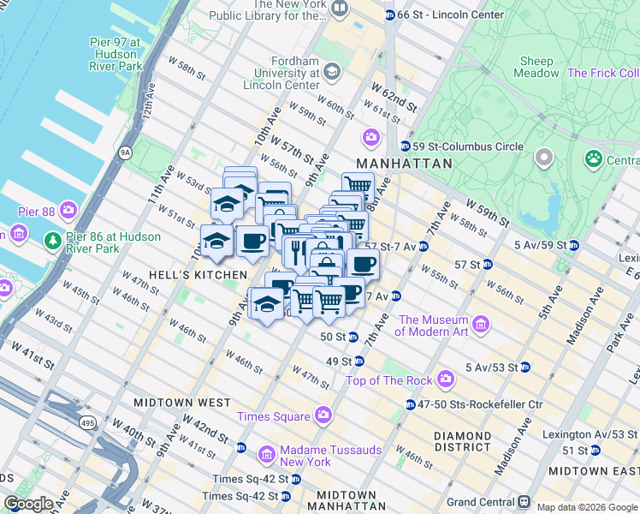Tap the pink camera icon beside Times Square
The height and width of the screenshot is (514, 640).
click(323, 416)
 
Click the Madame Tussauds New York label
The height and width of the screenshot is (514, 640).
click(305, 456)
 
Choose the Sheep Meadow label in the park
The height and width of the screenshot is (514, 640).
click(536, 67)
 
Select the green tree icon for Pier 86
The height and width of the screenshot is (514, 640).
click(52, 240)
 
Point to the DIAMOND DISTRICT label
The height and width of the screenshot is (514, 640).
click(462, 441)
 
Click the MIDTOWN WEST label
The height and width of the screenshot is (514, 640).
click(181, 402)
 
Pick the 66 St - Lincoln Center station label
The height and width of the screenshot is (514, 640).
click(450, 15)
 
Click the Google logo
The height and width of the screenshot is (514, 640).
click(29, 504)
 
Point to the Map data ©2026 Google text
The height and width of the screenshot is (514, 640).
click(586, 507)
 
